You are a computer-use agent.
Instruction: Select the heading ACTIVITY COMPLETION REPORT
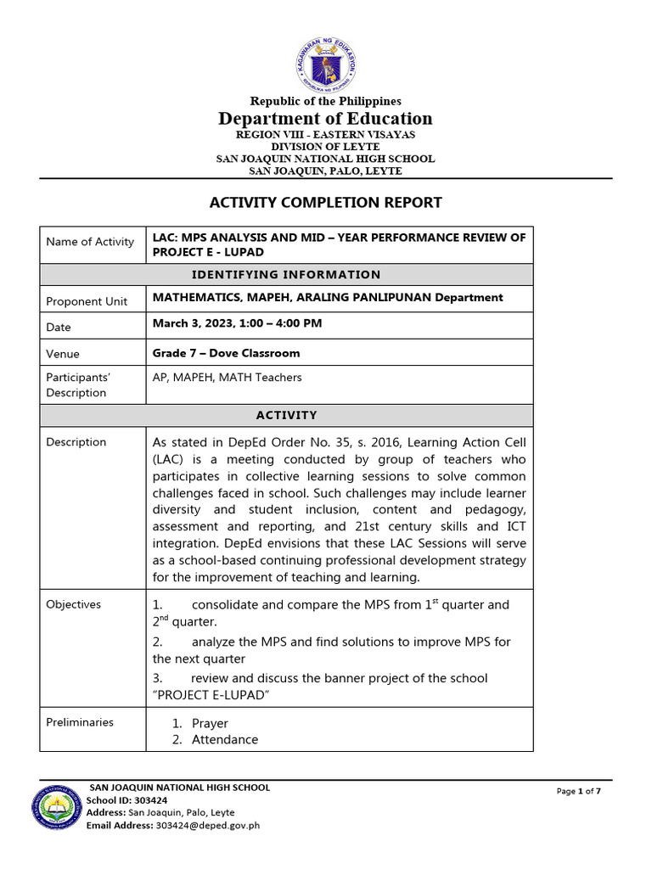point(326,202)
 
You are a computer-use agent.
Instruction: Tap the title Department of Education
point(326,119)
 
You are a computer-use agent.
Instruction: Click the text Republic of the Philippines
point(326,101)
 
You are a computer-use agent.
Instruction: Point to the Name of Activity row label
point(90,242)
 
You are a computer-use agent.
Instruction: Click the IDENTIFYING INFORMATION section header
point(285,275)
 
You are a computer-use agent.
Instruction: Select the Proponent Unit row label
point(87,301)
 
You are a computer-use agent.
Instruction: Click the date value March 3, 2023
point(237,323)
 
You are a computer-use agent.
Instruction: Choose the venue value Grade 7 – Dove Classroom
point(226,353)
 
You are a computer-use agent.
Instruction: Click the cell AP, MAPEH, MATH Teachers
point(227,378)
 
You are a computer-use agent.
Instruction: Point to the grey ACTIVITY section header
point(285,416)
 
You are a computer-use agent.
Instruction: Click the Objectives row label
point(73,604)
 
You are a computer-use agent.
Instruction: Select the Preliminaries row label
point(80,722)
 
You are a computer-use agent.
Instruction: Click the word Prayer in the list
point(210,724)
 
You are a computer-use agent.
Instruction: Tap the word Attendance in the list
point(225,740)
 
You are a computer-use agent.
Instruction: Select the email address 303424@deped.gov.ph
point(208,825)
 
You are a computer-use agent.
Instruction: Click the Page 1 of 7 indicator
point(579,792)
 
